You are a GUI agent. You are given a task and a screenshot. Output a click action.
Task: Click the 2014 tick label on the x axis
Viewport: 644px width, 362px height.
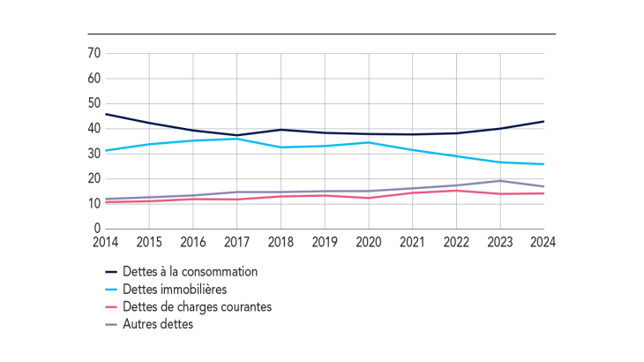coord(104,242)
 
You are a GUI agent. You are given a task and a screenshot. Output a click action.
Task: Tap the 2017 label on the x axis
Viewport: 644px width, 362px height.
coord(236,242)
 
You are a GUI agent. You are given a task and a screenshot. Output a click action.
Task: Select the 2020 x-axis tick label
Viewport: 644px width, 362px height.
coord(369,242)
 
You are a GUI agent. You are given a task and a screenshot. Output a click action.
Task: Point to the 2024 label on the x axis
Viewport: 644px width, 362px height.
coord(543,242)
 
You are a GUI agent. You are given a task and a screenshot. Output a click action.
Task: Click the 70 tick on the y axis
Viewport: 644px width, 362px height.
coord(93,54)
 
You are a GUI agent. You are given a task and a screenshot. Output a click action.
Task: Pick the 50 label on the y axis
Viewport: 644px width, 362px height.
coord(93,104)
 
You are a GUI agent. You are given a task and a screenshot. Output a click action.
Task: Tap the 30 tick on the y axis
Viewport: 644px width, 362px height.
coord(93,154)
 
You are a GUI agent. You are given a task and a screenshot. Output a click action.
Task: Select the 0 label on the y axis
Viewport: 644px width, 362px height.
coord(96,229)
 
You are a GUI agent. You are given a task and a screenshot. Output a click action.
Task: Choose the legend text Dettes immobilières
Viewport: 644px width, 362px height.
coord(176,290)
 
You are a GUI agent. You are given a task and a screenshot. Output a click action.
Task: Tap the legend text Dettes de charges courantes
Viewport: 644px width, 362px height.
coord(198,307)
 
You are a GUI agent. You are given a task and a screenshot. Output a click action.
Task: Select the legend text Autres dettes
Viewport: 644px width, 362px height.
coord(158,324)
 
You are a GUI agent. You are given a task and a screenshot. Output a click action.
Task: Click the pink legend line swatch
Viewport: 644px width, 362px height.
coord(111,307)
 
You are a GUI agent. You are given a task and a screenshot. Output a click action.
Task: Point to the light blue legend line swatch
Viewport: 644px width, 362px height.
coord(111,290)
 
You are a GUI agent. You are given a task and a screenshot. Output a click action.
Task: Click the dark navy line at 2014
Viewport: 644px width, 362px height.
coord(105,114)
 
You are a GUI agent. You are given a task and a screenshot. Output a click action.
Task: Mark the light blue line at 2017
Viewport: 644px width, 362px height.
coord(236,139)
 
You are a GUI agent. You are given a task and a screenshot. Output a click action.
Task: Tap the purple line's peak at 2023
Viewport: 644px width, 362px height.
coord(500,181)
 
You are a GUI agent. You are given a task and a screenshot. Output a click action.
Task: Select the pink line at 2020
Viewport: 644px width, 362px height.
coord(369,198)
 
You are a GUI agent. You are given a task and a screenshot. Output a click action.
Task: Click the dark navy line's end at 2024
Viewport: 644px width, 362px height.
coord(543,122)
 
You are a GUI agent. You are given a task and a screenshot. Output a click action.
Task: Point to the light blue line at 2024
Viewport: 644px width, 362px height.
coord(543,164)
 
